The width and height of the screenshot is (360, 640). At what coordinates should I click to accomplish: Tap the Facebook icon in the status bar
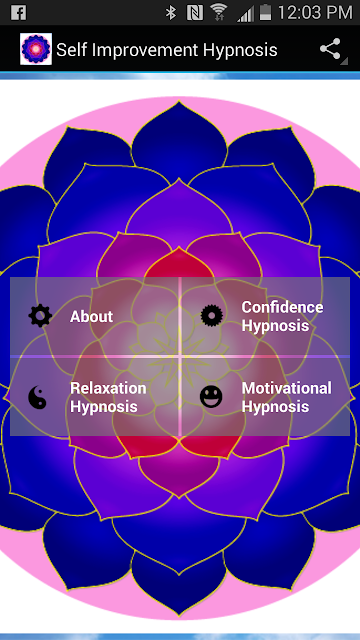(x=19, y=12)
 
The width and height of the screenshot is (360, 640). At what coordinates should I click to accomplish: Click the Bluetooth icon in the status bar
(x=171, y=13)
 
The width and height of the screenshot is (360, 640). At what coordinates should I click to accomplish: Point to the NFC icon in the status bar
(x=194, y=13)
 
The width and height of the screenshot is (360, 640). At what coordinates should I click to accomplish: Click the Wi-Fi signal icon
(x=219, y=13)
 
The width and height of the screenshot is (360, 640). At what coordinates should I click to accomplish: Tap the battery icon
(x=265, y=13)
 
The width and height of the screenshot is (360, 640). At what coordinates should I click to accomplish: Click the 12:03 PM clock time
(x=315, y=13)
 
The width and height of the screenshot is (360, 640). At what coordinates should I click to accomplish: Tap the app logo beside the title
(x=36, y=49)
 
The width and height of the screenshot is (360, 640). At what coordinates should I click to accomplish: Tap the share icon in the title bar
(x=331, y=49)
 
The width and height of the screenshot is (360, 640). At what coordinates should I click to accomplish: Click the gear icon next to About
(x=40, y=316)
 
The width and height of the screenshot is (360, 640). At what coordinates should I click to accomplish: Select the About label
(x=91, y=317)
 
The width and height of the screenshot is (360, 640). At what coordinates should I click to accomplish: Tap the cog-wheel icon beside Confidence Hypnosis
(x=212, y=316)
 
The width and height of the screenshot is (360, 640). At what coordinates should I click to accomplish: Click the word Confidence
(x=282, y=307)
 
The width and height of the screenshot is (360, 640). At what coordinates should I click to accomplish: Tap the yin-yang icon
(x=37, y=397)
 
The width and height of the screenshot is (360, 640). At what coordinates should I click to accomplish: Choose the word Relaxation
(x=108, y=388)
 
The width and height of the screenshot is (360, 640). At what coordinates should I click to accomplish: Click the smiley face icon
(x=211, y=397)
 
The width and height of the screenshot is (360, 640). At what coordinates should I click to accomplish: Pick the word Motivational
(x=287, y=388)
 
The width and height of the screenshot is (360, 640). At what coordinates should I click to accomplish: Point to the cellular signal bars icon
(x=245, y=13)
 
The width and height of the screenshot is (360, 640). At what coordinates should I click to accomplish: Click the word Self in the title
(x=69, y=50)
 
